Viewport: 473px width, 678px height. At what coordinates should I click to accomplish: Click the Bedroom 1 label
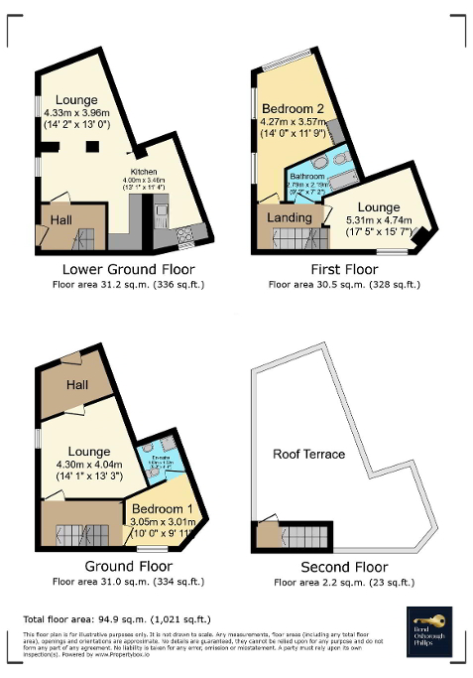pyautogui.click(x=165, y=510)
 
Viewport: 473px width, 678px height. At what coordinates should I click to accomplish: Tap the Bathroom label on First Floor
pyautogui.click(x=306, y=174)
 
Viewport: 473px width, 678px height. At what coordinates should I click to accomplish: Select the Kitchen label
pyautogui.click(x=145, y=170)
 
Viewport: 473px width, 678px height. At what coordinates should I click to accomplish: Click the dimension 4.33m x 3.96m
pyautogui.click(x=82, y=114)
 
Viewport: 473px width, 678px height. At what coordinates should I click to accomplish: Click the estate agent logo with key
pyautogui.click(x=428, y=631)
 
